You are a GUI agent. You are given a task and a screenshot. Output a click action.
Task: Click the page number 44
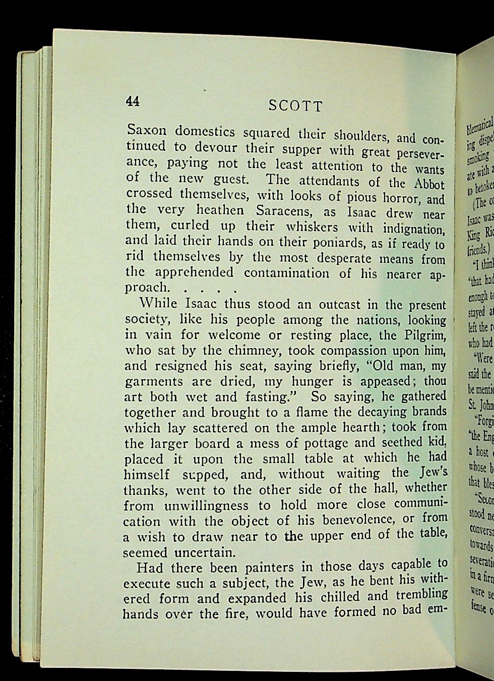click(x=133, y=101)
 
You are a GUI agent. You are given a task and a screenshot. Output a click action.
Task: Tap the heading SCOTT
click(x=295, y=105)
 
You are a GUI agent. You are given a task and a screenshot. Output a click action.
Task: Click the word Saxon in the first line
click(x=146, y=130)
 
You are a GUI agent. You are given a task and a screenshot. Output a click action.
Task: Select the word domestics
click(x=205, y=132)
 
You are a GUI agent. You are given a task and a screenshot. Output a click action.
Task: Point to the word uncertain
click(x=204, y=538)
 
